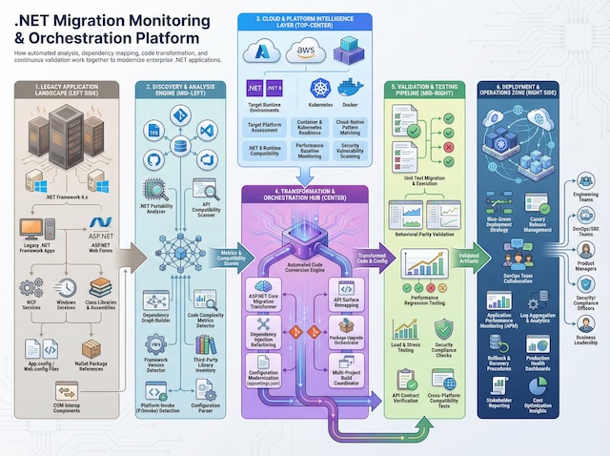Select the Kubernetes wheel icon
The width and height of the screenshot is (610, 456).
320,90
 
